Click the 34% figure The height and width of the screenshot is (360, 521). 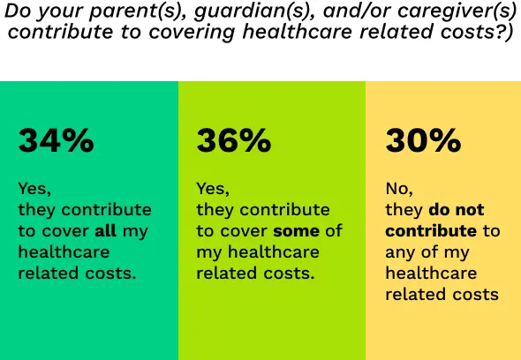[56, 141]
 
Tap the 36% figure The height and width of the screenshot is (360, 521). [233, 141]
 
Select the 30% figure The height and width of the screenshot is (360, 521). [422, 141]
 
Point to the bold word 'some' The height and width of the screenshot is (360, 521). [296, 231]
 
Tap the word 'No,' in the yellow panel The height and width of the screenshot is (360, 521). [399, 189]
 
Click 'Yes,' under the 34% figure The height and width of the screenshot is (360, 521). [35, 189]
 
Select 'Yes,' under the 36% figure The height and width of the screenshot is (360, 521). [213, 189]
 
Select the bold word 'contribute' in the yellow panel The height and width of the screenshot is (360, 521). [430, 231]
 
